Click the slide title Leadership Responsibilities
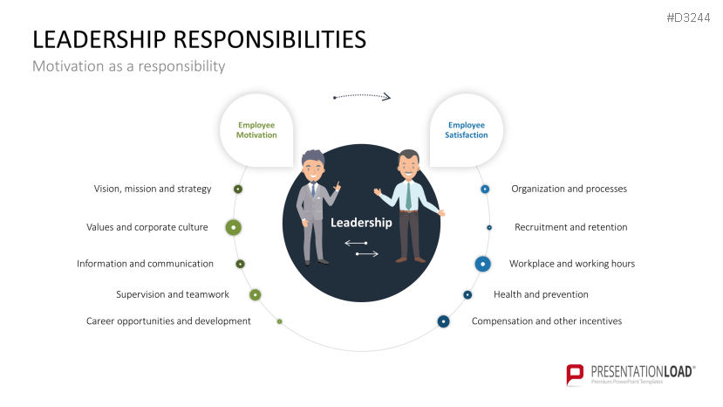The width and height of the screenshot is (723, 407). (x=199, y=39)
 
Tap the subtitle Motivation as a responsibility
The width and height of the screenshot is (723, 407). (x=128, y=66)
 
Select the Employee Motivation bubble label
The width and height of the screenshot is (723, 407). (x=256, y=130)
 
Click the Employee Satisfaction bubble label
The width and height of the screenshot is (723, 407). (x=467, y=130)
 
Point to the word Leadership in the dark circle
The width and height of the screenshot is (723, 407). (x=361, y=223)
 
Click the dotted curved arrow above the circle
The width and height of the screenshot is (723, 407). (x=362, y=95)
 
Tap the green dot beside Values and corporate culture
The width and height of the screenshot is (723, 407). (x=233, y=227)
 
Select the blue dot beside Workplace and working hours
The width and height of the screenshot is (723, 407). (x=482, y=263)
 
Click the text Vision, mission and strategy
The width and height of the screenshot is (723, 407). (x=153, y=189)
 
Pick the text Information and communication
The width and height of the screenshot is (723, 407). (x=145, y=264)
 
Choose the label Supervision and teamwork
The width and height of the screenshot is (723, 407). (x=173, y=294)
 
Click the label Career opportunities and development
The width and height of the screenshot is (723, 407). (x=168, y=321)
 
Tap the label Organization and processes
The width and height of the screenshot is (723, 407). (x=569, y=189)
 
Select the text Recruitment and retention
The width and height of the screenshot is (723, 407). (x=570, y=227)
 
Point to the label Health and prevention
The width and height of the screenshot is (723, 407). (x=541, y=294)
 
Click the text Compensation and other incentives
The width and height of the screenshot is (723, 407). (x=547, y=321)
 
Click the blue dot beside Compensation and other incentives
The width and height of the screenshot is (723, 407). (x=443, y=321)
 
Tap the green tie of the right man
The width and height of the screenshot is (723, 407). (x=407, y=196)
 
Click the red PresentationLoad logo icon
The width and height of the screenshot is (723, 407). (x=576, y=375)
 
